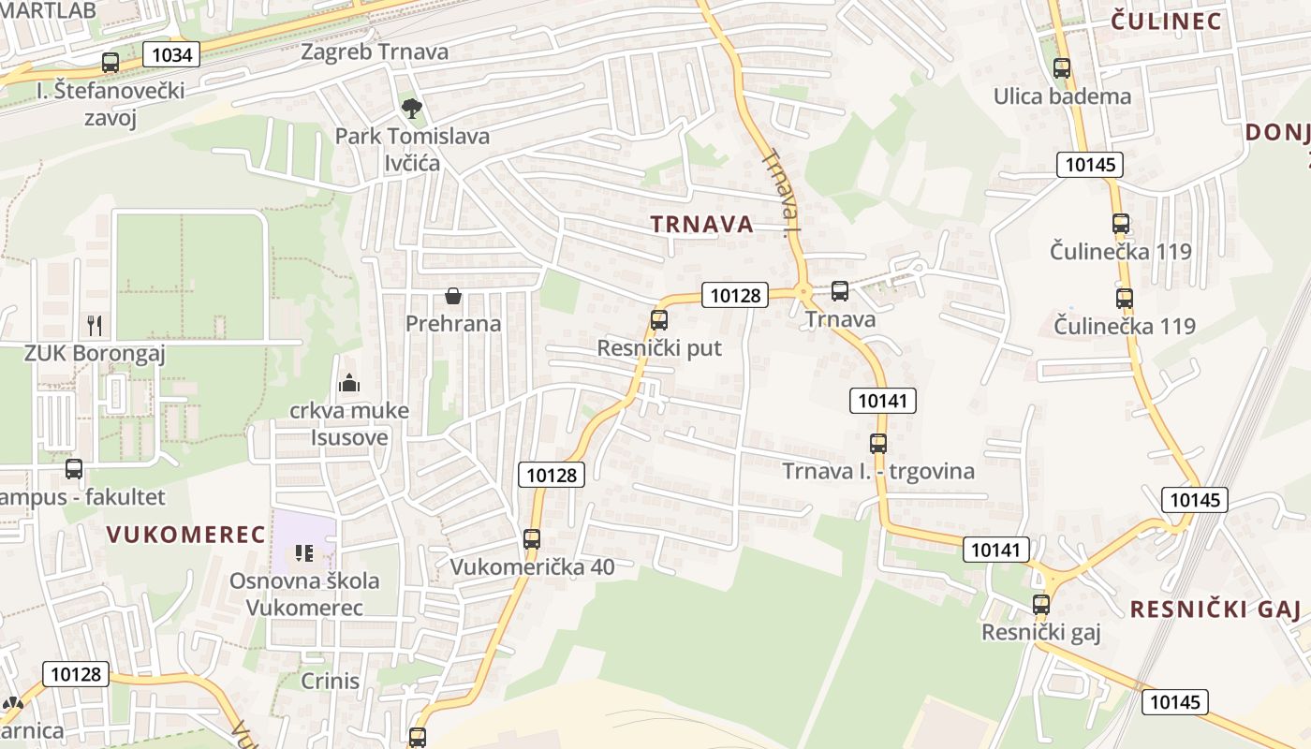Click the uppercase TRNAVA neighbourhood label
pyautogui.click(x=701, y=224)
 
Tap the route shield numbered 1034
pyautogui.click(x=172, y=55)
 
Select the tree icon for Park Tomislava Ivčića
pyautogui.click(x=410, y=109)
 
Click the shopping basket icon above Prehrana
pyautogui.click(x=453, y=296)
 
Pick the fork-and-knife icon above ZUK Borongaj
pyautogui.click(x=94, y=326)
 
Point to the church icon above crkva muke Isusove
pyautogui.click(x=349, y=382)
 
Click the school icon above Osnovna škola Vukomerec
pyautogui.click(x=303, y=553)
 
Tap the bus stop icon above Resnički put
pyautogui.click(x=659, y=320)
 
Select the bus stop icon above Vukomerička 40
pyautogui.click(x=532, y=539)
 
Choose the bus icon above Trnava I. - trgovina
pyautogui.click(x=878, y=444)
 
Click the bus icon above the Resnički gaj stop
pyautogui.click(x=1041, y=605)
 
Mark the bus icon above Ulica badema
pyautogui.click(x=1062, y=68)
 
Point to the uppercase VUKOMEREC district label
pyautogui.click(x=186, y=535)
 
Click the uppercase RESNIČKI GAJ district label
pyautogui.click(x=1215, y=610)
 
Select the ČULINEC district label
pyautogui.click(x=1167, y=22)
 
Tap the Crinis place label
pyautogui.click(x=331, y=681)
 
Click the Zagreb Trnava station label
pyautogui.click(x=375, y=51)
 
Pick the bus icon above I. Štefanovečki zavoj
pyautogui.click(x=110, y=64)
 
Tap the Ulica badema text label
pyautogui.click(x=1062, y=96)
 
